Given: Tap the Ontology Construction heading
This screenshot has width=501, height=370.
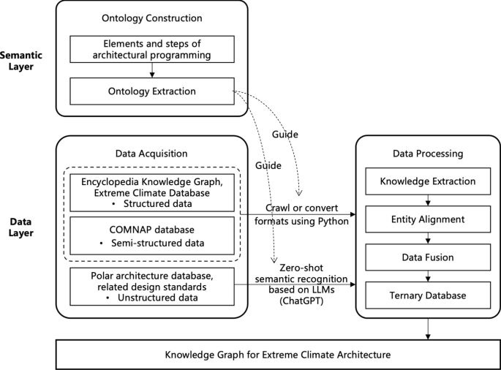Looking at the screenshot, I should click(151, 18).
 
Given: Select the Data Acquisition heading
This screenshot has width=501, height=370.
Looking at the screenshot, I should click(151, 154).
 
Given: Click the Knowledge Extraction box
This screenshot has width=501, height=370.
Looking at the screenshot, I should click(428, 181).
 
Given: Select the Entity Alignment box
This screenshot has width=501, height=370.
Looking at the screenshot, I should click(428, 219).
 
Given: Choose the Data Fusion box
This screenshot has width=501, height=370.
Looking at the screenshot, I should click(428, 257).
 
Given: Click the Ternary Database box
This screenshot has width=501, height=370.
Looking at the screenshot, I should click(428, 295).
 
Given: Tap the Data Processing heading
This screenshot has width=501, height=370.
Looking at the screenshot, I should click(428, 154).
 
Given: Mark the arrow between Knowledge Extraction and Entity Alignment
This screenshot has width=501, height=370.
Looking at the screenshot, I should click(428, 200).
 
